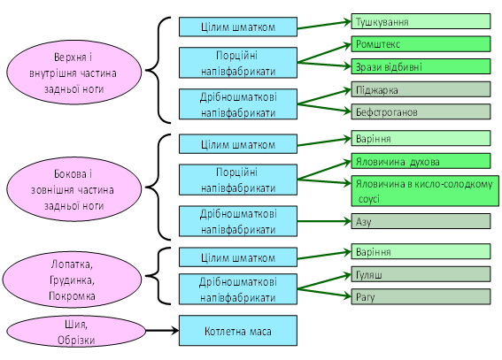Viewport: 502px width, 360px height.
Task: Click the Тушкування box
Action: coord(421,21)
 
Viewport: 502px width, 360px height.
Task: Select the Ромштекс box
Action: coord(421,44)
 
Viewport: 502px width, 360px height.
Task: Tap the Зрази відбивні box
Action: coord(421,66)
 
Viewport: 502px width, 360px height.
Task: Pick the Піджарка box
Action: coord(421,89)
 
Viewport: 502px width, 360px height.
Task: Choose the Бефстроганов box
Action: coord(421,112)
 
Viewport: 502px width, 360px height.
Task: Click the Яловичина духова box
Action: coord(421,161)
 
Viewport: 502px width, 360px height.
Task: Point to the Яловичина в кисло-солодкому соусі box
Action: coord(425,191)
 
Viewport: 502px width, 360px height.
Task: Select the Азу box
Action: coord(421,221)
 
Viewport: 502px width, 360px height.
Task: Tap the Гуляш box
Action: coord(421,274)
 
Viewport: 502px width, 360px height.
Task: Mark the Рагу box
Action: coord(421,296)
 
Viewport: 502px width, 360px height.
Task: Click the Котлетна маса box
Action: coord(238,331)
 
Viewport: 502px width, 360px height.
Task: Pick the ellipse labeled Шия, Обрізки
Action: coord(76,332)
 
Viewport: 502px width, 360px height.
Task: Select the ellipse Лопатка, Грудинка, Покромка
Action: coord(72,280)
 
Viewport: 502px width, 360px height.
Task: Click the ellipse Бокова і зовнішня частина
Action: coord(74,189)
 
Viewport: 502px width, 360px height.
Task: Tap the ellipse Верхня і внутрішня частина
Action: coord(74,73)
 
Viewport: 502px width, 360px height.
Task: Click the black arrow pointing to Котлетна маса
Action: coord(162,330)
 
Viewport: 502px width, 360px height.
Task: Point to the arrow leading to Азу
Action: coord(324,221)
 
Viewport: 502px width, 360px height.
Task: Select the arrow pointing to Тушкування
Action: coord(324,25)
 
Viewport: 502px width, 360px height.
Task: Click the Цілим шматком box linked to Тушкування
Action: coord(238,27)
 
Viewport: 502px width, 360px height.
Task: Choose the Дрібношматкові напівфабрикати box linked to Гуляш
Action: coord(238,289)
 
